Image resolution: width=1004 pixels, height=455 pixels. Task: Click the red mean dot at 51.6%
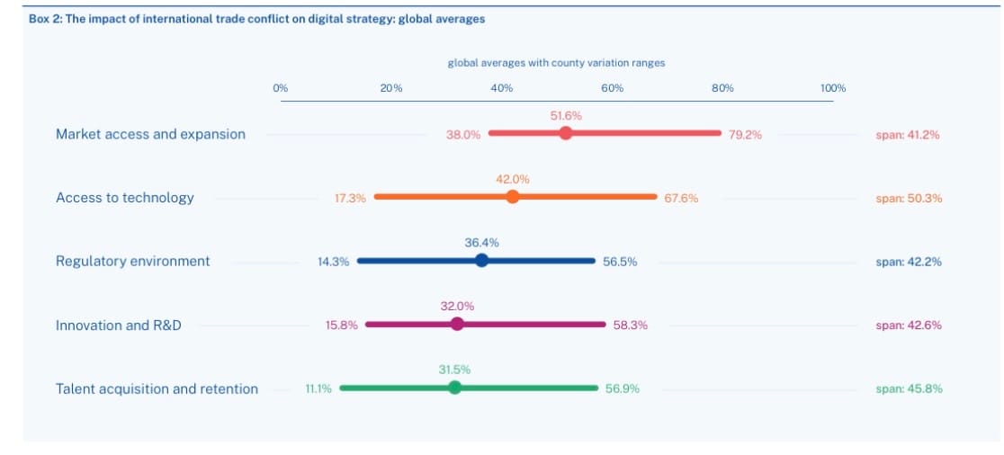point(565,133)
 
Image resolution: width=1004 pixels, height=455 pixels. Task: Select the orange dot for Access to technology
point(513,197)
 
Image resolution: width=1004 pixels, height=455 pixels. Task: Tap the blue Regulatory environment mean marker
point(481,261)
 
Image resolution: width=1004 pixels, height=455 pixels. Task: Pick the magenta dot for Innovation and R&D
point(457,325)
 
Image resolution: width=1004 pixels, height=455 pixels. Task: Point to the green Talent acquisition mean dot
point(454,388)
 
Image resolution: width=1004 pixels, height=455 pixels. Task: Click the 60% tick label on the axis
point(612,88)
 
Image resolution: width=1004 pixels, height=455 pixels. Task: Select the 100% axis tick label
point(833,88)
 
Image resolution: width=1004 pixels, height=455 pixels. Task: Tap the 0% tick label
point(281,88)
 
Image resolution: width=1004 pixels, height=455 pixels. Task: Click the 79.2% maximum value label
point(745,135)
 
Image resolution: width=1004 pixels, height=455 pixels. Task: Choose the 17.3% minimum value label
point(350,199)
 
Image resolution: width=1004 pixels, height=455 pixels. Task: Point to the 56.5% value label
point(620,262)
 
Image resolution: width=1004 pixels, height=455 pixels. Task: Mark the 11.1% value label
point(318,389)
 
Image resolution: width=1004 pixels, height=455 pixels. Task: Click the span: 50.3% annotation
point(909,199)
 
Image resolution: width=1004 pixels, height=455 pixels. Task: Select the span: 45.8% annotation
point(909,389)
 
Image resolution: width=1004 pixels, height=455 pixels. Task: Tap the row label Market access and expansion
point(150,134)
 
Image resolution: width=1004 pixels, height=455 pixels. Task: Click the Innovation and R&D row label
point(118,326)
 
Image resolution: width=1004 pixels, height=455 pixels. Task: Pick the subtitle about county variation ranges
point(556,63)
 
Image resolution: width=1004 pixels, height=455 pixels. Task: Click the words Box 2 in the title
point(48,19)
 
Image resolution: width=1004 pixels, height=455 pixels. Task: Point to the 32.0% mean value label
point(457,306)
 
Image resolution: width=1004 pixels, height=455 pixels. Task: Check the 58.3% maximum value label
point(630,326)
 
